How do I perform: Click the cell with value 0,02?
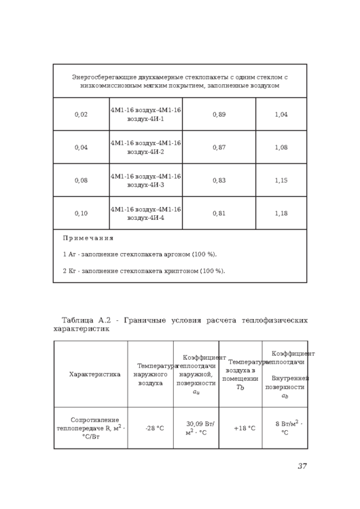tap(81, 114)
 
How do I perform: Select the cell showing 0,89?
tap(219, 114)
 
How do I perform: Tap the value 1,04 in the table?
tap(281, 114)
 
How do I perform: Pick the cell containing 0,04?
tap(81, 147)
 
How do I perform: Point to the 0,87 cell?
tap(219, 147)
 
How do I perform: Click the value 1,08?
tap(281, 147)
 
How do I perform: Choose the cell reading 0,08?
tap(81, 181)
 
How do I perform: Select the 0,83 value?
tap(219, 181)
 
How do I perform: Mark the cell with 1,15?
tap(281, 181)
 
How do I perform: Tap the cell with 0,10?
tap(81, 213)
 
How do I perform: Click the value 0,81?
tap(219, 213)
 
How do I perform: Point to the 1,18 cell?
tap(281, 213)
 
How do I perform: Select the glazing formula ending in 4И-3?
tap(145, 181)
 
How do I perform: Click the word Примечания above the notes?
tap(88, 238)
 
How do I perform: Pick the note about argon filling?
tap(140, 254)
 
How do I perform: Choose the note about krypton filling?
tap(143, 271)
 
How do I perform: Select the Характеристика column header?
tap(94, 374)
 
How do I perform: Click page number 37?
tap(302, 466)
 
